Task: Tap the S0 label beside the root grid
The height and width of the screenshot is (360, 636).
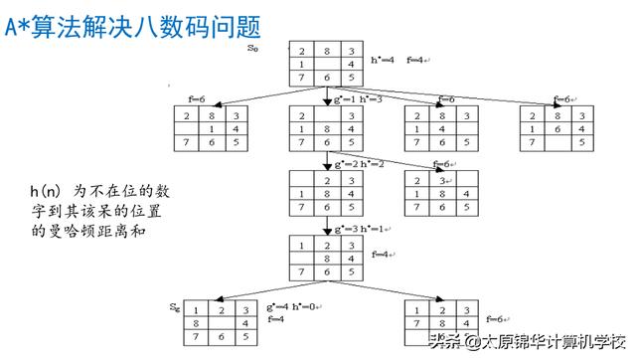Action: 253,47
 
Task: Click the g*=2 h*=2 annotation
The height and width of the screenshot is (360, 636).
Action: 356,163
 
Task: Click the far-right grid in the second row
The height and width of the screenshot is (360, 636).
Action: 556,129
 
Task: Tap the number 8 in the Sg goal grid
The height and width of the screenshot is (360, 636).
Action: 197,322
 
